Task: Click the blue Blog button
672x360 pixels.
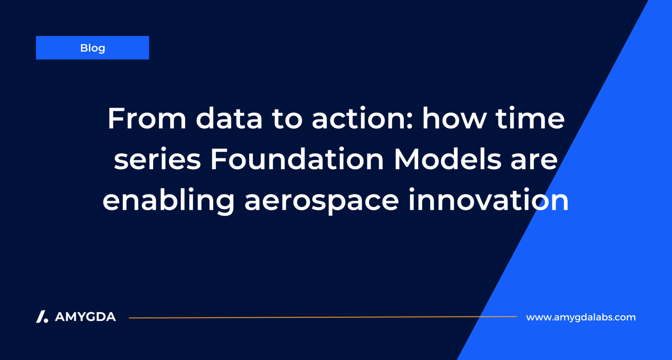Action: (x=92, y=48)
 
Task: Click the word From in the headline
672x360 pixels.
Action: (x=147, y=119)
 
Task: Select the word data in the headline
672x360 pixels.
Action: (x=229, y=119)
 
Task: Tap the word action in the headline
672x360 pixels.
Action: (x=358, y=119)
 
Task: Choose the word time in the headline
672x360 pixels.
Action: (x=530, y=119)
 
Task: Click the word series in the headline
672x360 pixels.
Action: (x=157, y=160)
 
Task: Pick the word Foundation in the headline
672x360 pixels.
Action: (x=298, y=160)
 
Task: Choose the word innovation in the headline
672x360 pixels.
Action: (x=488, y=200)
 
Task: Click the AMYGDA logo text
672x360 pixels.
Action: (x=85, y=317)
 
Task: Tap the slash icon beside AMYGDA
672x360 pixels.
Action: (x=42, y=317)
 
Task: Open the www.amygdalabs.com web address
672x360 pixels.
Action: (x=581, y=317)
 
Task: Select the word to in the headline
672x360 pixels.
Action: (x=287, y=119)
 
